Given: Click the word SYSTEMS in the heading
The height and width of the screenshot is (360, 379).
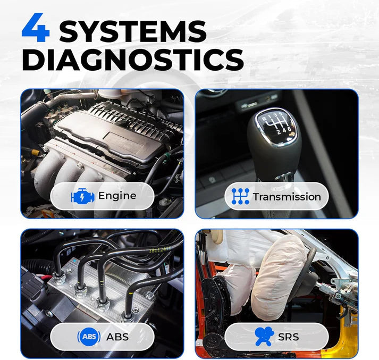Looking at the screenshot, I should (x=132, y=32).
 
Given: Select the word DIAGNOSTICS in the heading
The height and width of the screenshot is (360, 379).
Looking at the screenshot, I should (x=132, y=60).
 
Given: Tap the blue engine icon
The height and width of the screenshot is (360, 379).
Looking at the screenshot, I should (x=82, y=196).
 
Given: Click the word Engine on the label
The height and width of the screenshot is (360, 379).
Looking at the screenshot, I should (x=117, y=196).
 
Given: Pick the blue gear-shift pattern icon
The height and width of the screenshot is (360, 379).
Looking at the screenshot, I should (x=240, y=197).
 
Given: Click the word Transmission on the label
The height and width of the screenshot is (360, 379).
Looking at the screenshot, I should (x=287, y=197).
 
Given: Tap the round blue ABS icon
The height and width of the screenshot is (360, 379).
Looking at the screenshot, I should (x=89, y=337).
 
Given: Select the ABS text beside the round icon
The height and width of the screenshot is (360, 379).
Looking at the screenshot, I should (x=117, y=337).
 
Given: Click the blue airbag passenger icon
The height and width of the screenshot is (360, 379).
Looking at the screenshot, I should (x=264, y=337).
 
